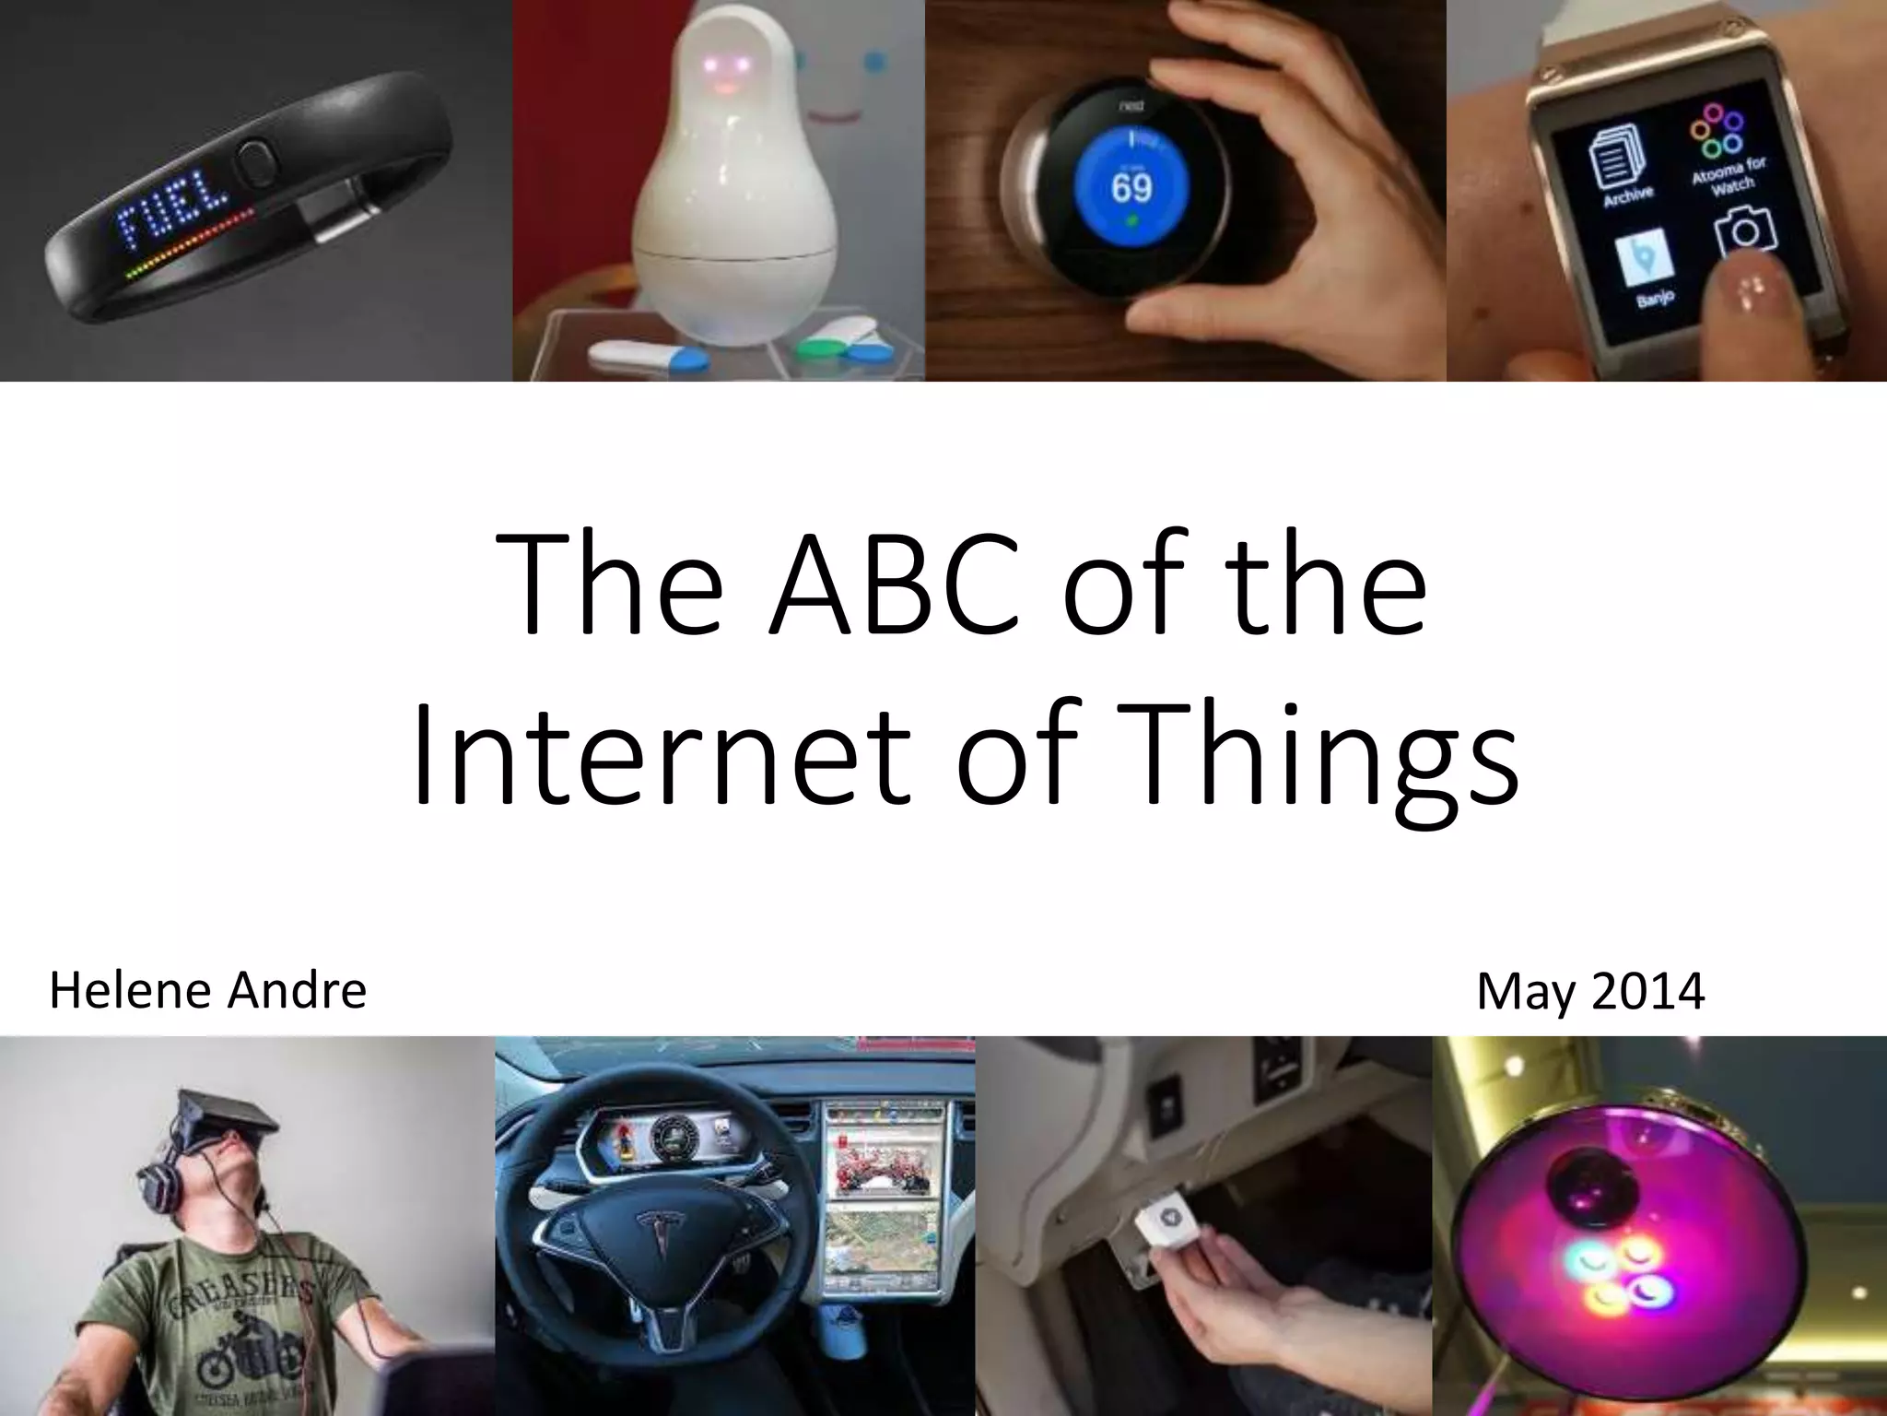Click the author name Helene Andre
click(207, 991)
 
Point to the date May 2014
click(1590, 991)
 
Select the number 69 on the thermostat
click(1131, 187)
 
